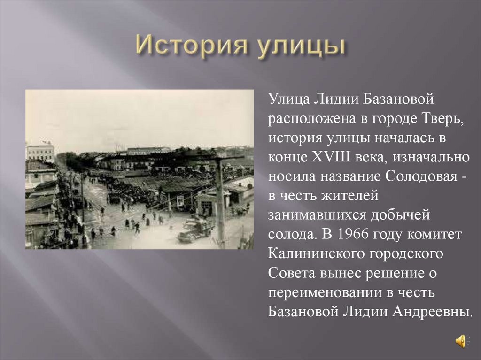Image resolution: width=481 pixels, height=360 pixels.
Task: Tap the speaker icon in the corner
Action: click(462, 341)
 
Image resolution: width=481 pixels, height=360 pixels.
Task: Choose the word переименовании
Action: click(320, 292)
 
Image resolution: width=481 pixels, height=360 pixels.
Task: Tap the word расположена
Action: click(308, 119)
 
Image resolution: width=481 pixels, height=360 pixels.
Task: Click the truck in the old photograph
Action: click(194, 229)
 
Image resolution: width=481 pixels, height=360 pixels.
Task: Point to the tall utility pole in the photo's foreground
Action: click(220, 202)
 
